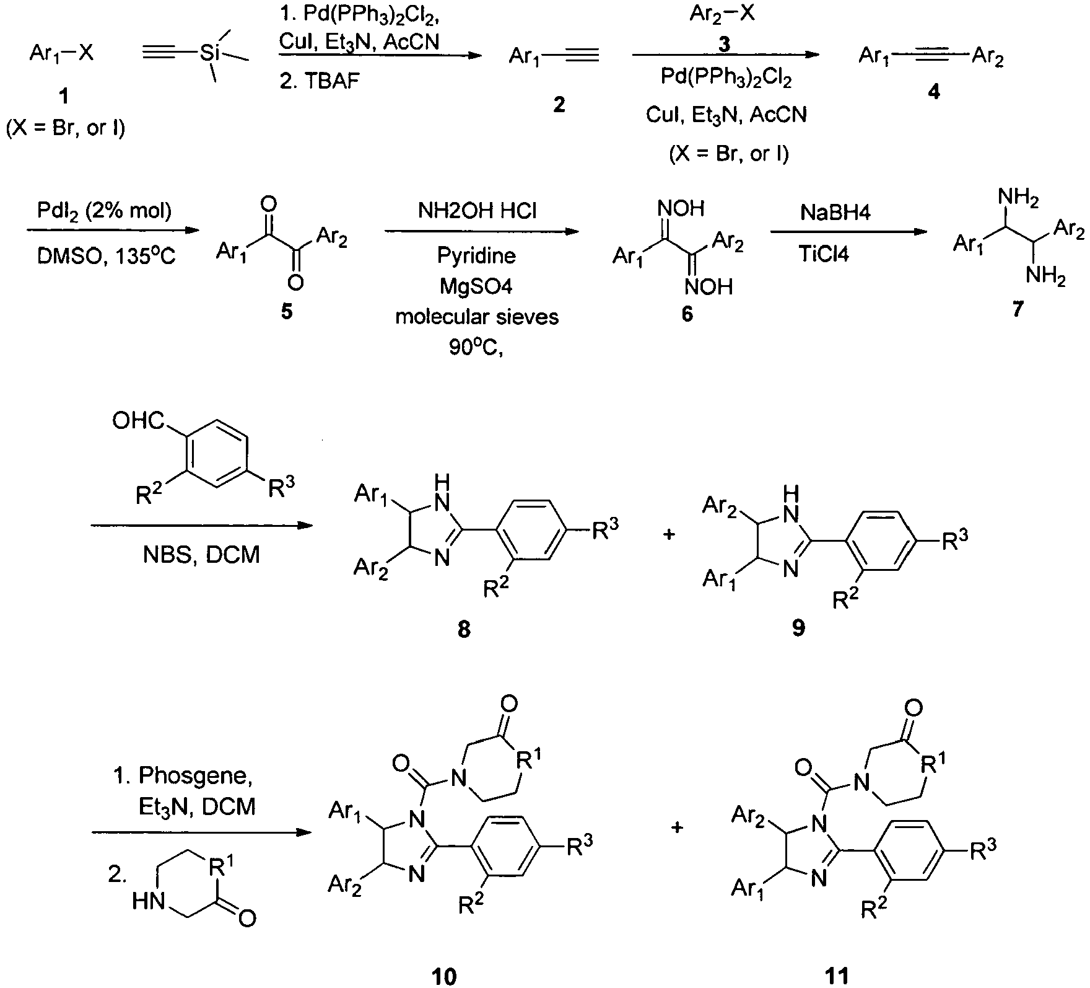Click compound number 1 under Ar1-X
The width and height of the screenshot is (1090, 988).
click(x=64, y=96)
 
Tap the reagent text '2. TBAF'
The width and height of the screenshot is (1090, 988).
click(x=320, y=81)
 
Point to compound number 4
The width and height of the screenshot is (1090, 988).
click(x=933, y=92)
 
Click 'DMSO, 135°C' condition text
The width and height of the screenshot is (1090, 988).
click(x=107, y=255)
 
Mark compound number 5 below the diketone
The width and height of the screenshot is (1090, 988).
click(x=287, y=311)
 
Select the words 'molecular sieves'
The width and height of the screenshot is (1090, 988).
click(x=477, y=317)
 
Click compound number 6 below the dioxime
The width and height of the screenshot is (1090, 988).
click(x=687, y=314)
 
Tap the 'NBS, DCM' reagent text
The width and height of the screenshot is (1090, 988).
click(x=201, y=554)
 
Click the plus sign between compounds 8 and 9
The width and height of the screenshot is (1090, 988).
click(x=668, y=534)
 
